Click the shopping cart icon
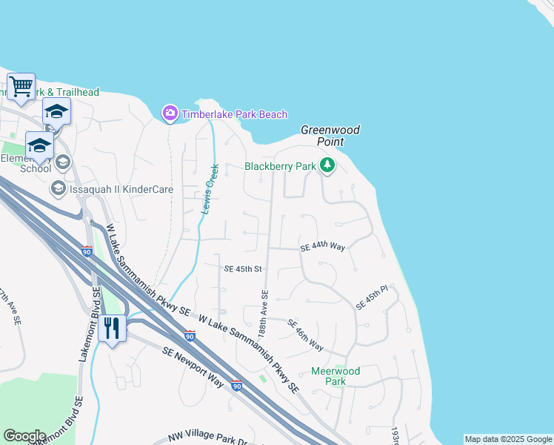click(x=21, y=86)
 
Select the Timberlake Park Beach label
click(x=234, y=114)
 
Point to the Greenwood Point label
click(x=330, y=136)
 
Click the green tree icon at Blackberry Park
click(x=327, y=166)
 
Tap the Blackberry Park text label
click(x=281, y=167)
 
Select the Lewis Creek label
click(x=210, y=189)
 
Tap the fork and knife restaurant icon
click(x=112, y=328)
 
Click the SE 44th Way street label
click(x=323, y=246)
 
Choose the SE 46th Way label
click(x=305, y=335)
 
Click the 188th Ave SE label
click(x=263, y=312)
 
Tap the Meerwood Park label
click(x=336, y=376)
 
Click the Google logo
click(x=24, y=436)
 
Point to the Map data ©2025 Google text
click(x=508, y=439)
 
